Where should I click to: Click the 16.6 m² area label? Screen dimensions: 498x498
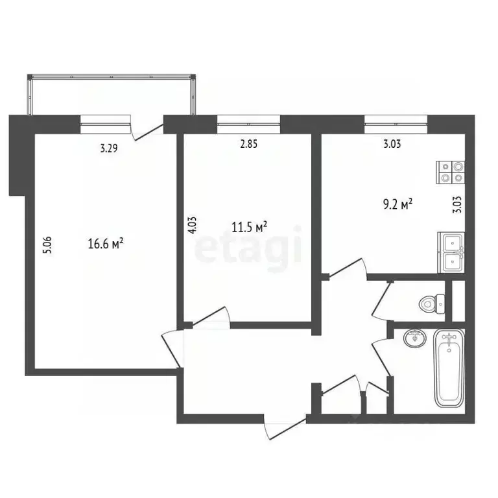point(106,244)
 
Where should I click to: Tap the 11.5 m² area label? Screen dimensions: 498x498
point(250,228)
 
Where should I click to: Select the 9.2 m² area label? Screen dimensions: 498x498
point(397,205)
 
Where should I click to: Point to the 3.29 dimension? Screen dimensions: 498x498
point(109,148)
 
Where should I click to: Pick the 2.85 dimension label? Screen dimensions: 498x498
point(249,145)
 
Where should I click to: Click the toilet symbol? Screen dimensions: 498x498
point(431,302)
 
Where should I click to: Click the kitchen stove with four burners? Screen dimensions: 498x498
point(451,171)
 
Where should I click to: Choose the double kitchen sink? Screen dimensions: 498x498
point(451,252)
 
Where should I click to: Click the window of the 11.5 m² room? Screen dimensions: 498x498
point(248,119)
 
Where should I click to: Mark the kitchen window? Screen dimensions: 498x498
point(396,119)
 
